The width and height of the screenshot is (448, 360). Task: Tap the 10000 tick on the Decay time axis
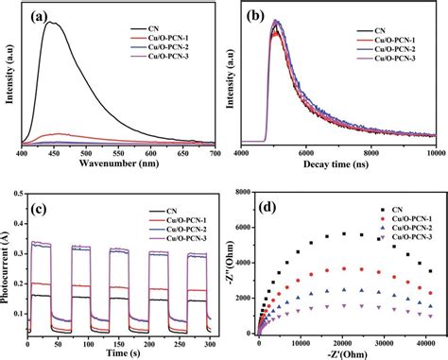coord(431,153)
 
